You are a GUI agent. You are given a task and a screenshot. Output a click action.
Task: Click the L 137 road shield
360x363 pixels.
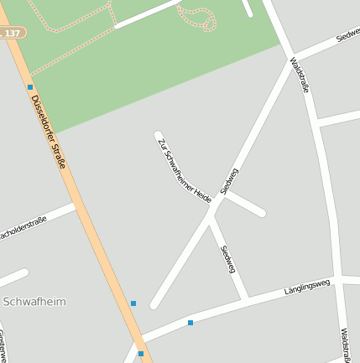coord(12,32)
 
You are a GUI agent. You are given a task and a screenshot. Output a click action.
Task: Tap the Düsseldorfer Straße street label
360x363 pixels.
coord(48,131)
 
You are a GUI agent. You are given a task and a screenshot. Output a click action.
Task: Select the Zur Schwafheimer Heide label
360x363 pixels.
coord(184,170)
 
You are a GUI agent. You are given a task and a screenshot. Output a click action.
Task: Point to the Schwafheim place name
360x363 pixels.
coord(34,301)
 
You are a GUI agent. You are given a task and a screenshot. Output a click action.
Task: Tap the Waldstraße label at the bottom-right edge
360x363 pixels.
coord(345,344)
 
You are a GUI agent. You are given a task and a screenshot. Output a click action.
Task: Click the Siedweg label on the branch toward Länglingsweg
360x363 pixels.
coord(228,259)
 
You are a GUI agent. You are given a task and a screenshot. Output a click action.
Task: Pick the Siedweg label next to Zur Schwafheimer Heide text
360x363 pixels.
coord(229,181)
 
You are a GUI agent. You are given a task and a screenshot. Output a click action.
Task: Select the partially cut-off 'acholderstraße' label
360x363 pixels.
coord(23,227)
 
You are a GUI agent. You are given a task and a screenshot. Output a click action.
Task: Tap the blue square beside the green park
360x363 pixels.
coord(30,87)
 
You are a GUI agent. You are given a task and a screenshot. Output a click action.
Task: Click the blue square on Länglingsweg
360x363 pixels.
coord(190,322)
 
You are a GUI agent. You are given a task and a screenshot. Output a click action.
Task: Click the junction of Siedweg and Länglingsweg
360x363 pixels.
coord(245,297)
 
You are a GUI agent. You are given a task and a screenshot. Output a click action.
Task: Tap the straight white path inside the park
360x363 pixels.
coord(147,14)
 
